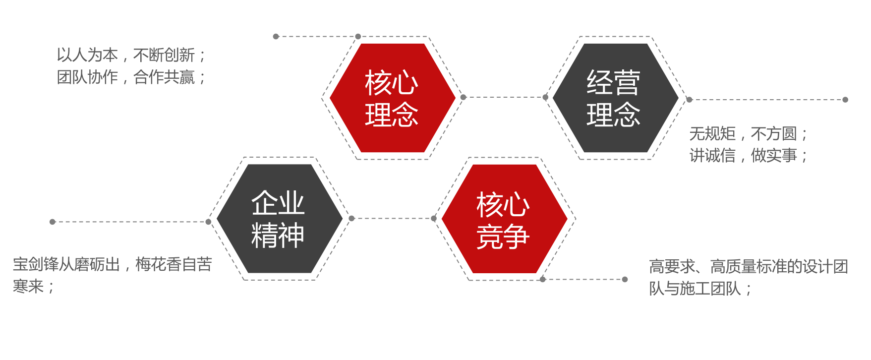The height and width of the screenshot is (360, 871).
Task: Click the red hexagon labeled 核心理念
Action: coord(392,98)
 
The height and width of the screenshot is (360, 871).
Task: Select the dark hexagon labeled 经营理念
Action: coord(615,98)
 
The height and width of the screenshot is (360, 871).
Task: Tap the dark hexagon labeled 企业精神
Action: coord(280,219)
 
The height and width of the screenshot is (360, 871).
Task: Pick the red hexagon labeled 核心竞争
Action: coord(504,219)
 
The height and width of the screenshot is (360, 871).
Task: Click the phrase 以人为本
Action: coord(87,55)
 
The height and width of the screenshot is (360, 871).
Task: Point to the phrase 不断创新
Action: coord(164,55)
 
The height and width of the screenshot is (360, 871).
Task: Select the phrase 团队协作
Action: coord(87,77)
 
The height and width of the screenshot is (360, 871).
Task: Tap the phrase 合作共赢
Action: coord(164,77)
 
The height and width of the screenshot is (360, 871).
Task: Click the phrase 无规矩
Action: coord(712,133)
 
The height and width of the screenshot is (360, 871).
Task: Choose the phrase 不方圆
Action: coord(774,133)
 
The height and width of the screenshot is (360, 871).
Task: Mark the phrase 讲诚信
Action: coord(712,155)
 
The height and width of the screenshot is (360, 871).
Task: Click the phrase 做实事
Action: coord(774,155)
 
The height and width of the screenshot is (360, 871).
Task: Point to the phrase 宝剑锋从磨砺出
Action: coord(66,264)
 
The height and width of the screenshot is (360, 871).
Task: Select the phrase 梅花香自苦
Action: coord(174,264)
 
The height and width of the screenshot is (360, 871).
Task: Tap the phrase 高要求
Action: coord(672,266)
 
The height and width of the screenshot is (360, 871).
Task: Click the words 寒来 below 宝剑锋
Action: coord(28,286)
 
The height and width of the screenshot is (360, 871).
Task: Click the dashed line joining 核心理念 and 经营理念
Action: coord(504,97)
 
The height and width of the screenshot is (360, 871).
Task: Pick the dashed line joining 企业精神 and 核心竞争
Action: coord(393,218)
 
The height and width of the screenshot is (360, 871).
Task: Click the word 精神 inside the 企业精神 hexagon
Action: coord(278,235)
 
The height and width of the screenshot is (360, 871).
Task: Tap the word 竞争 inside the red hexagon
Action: coord(503,237)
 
